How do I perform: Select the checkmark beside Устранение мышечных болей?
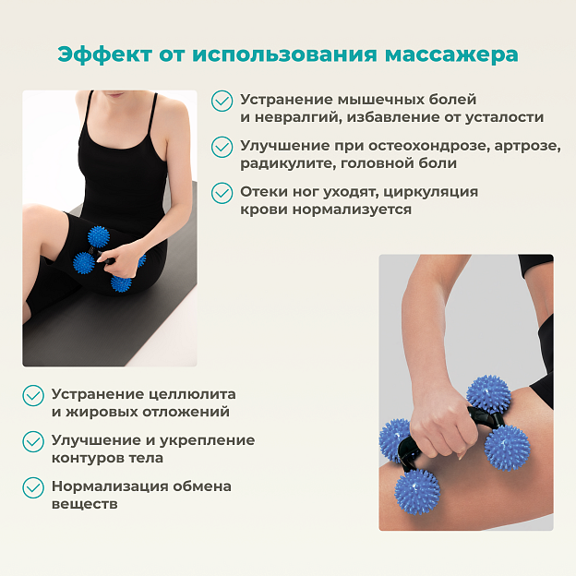coord(222,101)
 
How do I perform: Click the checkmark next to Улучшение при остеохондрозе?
coord(222,147)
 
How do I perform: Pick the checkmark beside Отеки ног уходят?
coord(222,193)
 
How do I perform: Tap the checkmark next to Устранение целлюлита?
coord(33,396)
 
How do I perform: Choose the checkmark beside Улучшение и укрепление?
coord(33,441)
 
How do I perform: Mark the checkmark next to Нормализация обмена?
coord(33,487)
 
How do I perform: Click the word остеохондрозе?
coord(428,146)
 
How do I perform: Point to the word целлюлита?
coord(193,395)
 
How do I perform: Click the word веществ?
coord(85,504)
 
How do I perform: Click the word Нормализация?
coord(110,486)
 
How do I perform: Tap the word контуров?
coord(88,459)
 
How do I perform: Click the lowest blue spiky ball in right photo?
coord(416,491)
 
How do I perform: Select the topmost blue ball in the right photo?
coord(488,397)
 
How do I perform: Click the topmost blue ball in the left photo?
coord(99,236)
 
